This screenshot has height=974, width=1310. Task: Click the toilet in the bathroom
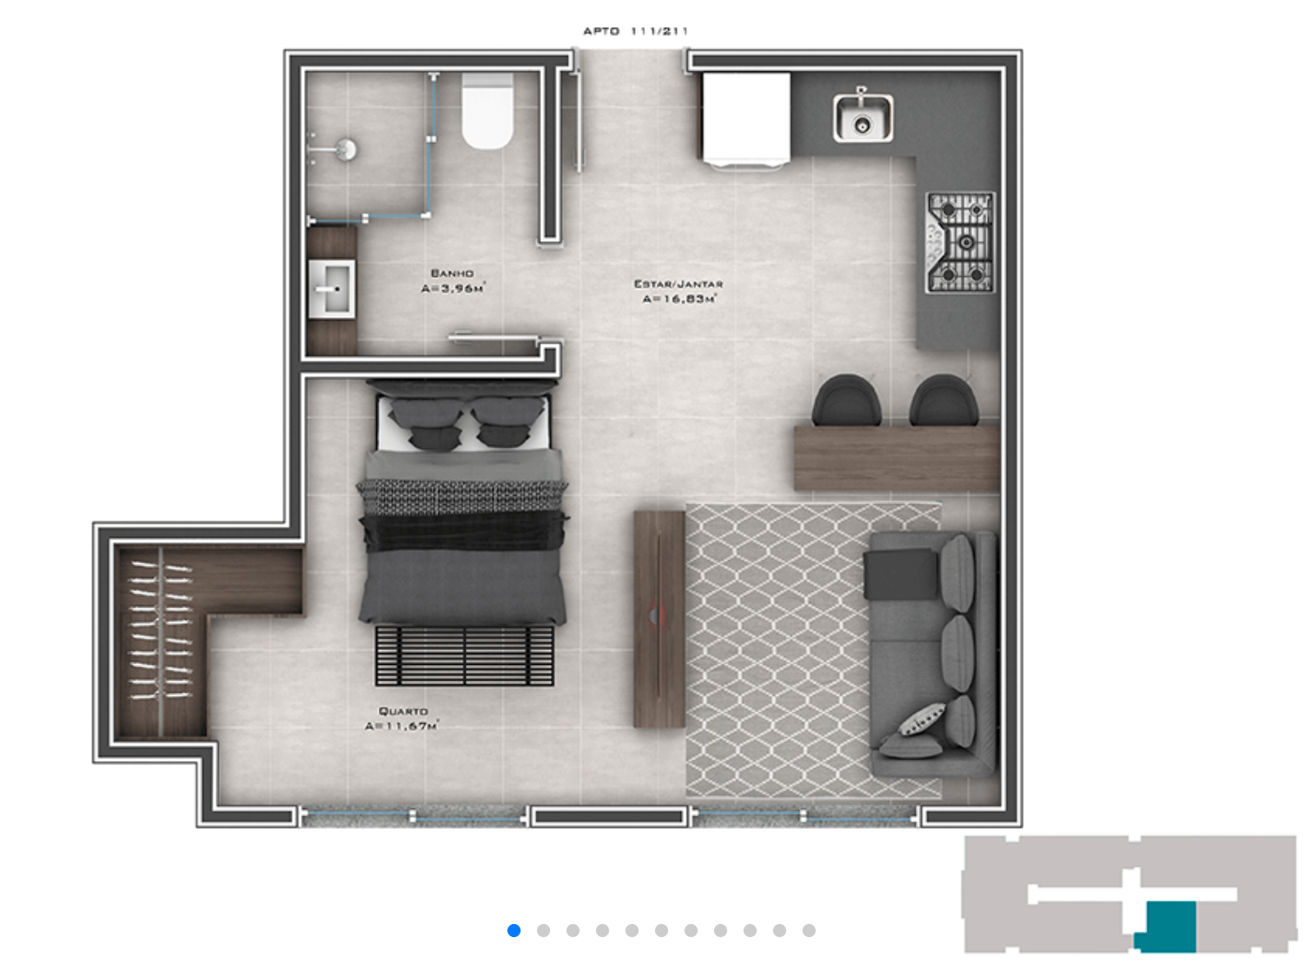coord(487,111)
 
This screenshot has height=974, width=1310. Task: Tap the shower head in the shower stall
coord(346,149)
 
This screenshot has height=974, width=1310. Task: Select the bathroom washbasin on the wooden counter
coord(331,289)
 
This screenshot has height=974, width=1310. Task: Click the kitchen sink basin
coord(862,118)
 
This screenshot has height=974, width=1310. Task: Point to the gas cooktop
coord(960,243)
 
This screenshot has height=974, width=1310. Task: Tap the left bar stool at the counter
coord(846,400)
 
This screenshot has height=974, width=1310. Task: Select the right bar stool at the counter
coord(944,400)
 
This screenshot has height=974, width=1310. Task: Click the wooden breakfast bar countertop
coord(897,457)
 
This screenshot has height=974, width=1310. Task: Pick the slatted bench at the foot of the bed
coord(464,656)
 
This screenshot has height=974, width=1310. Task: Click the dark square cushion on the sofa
coord(900,574)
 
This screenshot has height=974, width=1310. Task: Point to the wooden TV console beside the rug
coord(658,619)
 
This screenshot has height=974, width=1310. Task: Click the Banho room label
coord(452,274)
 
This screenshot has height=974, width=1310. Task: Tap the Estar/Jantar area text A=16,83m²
coord(680,299)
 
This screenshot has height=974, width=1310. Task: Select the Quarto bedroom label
coord(403,711)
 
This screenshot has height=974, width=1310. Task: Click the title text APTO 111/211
coord(635,31)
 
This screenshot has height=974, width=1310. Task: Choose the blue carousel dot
coord(514,931)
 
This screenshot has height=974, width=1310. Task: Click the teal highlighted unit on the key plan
coord(1170,926)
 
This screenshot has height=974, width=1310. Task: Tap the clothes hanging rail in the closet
coord(160,643)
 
